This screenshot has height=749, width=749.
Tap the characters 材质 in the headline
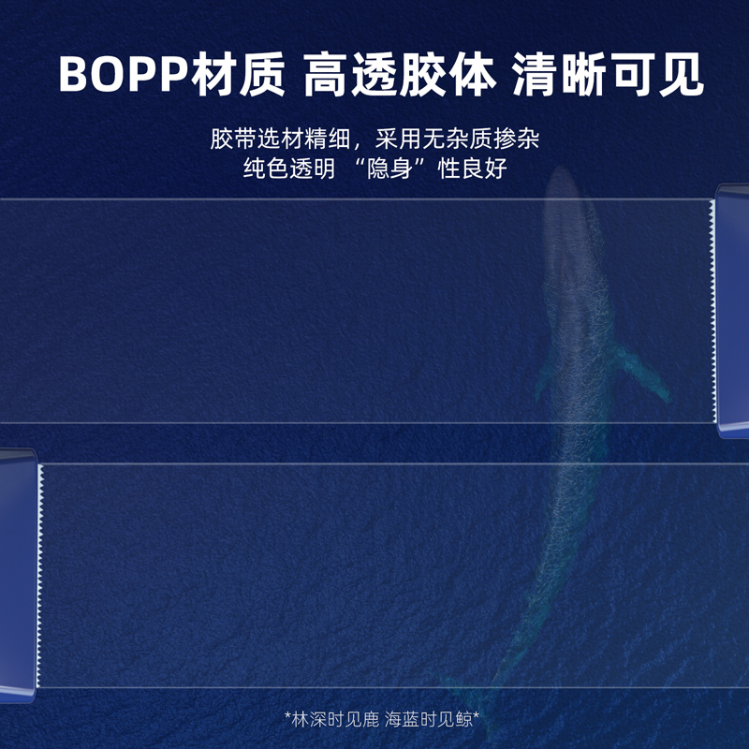pyautogui.click(x=238, y=74)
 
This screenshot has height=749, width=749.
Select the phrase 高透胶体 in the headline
pyautogui.click(x=400, y=74)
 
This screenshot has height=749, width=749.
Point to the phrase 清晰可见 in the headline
pyautogui.click(x=608, y=74)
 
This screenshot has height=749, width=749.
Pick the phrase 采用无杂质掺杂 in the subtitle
pyautogui.click(x=457, y=139)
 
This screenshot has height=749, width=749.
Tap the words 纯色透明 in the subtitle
pyautogui.click(x=289, y=169)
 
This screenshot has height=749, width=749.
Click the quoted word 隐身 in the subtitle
pyautogui.click(x=389, y=169)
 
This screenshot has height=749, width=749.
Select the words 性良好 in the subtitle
pyautogui.click(x=473, y=169)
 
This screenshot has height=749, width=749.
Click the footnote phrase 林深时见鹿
pyautogui.click(x=335, y=719)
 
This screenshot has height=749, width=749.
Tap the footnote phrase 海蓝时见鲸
pyautogui.click(x=429, y=719)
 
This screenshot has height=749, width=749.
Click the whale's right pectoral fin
pyautogui.click(x=642, y=373)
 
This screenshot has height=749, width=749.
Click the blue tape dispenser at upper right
pyautogui.click(x=733, y=311)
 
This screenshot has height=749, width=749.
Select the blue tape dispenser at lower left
pyautogui.click(x=18, y=576)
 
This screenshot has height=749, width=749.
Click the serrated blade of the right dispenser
pyautogui.click(x=712, y=311)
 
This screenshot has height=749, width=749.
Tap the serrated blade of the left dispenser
pyautogui.click(x=40, y=576)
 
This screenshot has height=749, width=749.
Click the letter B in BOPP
pyautogui.click(x=72, y=75)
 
